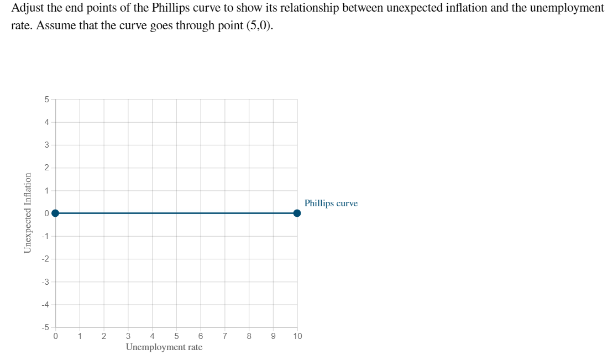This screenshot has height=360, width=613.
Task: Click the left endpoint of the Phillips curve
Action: pos(55,213)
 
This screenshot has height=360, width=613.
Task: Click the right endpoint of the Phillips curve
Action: pos(297,213)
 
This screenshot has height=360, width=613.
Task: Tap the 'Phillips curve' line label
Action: pos(331,204)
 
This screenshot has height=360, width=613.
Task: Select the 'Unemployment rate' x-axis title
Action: pos(164,347)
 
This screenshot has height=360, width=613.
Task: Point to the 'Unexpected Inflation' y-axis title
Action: pos(27,213)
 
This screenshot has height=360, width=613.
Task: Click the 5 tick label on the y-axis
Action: pos(46,100)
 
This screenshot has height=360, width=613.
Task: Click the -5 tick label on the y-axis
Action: pos(45,327)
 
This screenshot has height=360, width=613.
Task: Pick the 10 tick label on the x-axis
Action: pos(297,336)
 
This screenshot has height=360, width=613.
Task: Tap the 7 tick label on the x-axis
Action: pos(225,336)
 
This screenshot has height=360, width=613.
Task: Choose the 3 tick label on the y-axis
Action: pos(46,145)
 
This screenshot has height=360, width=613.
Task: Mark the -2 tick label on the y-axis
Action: pos(45,259)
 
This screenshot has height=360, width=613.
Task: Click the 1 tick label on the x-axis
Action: pos(80,336)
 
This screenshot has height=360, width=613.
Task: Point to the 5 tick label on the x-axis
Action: pos(176,336)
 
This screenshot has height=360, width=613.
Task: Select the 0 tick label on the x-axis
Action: pos(55,336)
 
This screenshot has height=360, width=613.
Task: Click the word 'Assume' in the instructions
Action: pos(54,27)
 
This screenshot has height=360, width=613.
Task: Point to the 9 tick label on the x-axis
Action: pos(273,336)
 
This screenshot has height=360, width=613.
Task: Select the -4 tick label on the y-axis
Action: pos(45,304)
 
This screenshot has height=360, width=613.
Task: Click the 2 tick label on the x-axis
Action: pos(104,336)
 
